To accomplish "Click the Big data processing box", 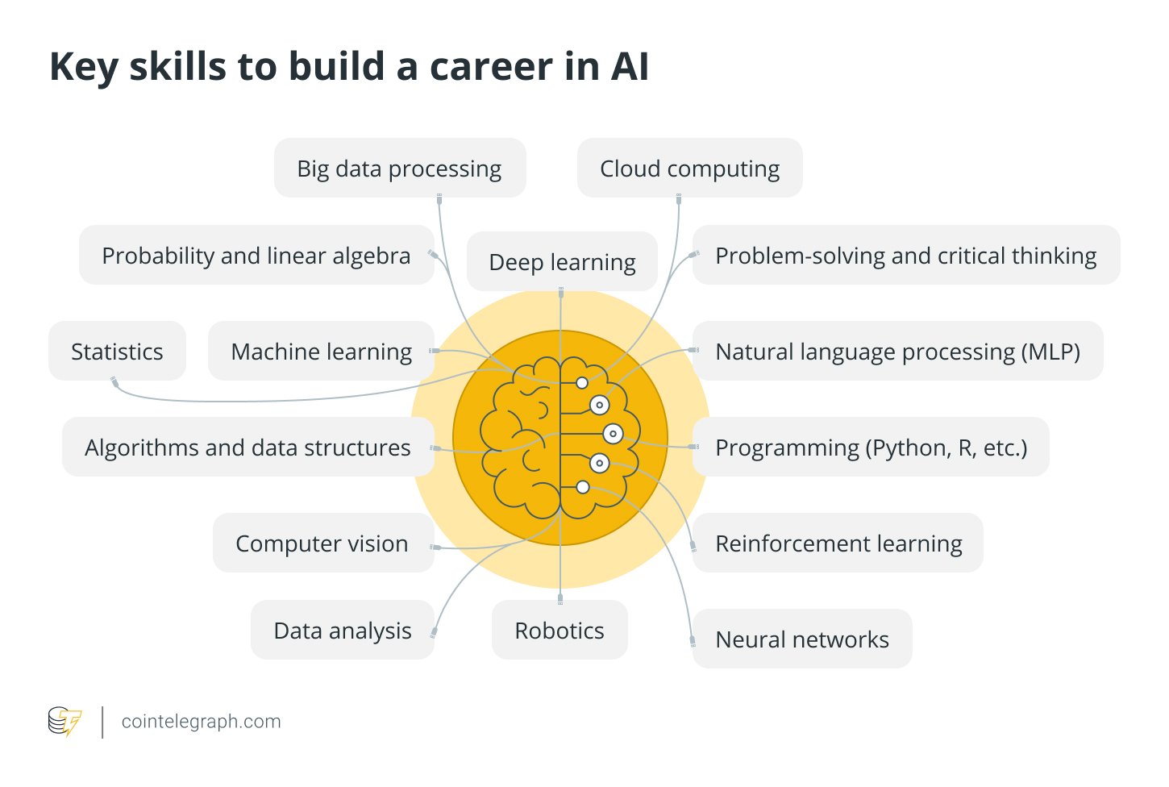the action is click(x=400, y=168).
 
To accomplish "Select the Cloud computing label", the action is click(x=689, y=169).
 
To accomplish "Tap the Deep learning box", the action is click(x=562, y=261).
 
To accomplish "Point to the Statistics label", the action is click(x=117, y=352).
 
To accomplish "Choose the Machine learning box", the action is click(x=321, y=350).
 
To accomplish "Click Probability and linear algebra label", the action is click(x=256, y=256).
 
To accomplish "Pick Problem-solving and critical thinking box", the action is click(x=906, y=255).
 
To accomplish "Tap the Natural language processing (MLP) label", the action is click(x=897, y=352).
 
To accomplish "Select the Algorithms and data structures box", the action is click(x=248, y=446).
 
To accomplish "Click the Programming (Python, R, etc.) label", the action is click(x=871, y=448).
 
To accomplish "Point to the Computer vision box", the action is click(x=323, y=542).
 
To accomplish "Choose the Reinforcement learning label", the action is click(x=838, y=543).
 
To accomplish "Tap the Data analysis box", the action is click(x=343, y=630).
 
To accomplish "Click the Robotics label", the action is click(x=560, y=631).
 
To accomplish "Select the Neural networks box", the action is click(x=802, y=639).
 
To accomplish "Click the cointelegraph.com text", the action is click(x=201, y=721).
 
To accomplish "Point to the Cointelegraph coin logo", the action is click(x=64, y=721).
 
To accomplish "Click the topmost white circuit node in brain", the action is click(x=582, y=383).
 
